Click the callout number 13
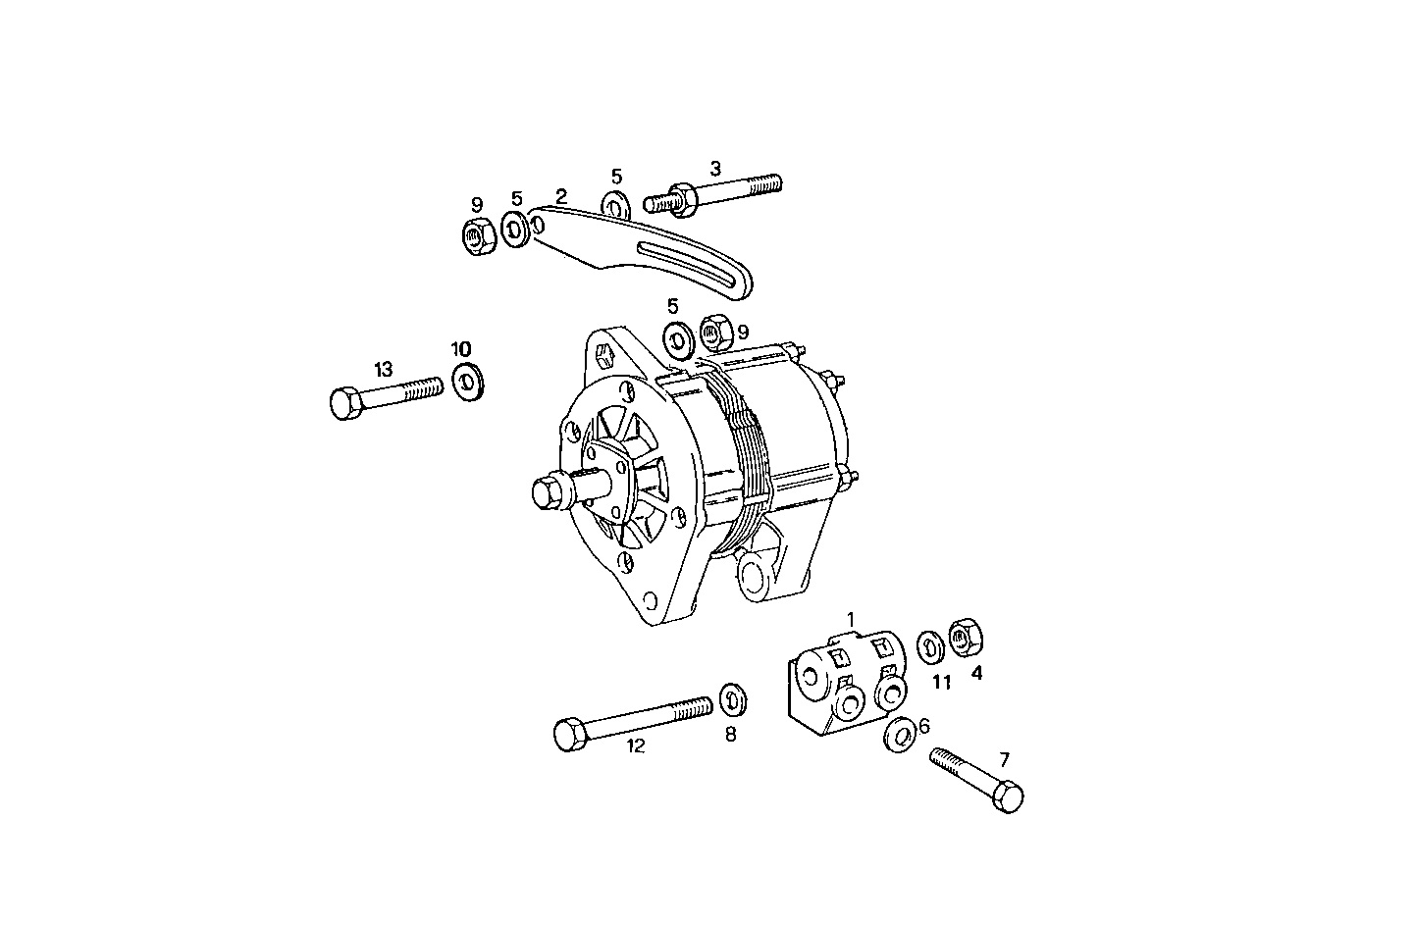[x=383, y=370]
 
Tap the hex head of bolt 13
[x=343, y=404]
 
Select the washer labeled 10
[x=468, y=381]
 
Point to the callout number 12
[x=636, y=746]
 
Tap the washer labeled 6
[x=901, y=734]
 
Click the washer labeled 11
[x=930, y=646]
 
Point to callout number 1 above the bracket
[x=851, y=619]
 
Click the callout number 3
[x=715, y=168]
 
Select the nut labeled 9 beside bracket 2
[x=477, y=234]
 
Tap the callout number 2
[x=561, y=196]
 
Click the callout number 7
[x=1004, y=758]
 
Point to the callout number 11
[x=941, y=682]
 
